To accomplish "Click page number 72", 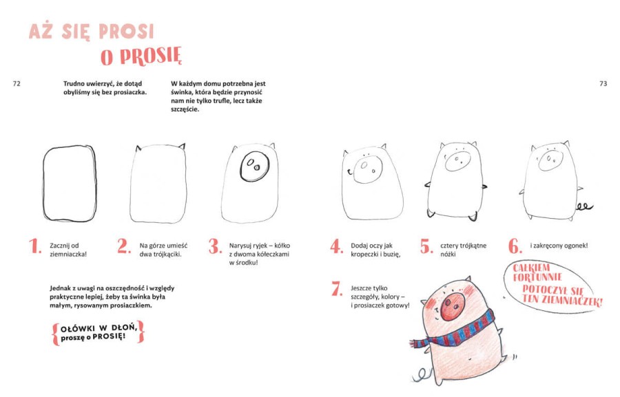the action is pyautogui.click(x=17, y=83).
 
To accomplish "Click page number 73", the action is pyautogui.click(x=603, y=83).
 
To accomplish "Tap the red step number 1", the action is pyautogui.click(x=36, y=246).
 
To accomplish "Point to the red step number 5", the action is pyautogui.click(x=426, y=246).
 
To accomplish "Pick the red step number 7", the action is pyautogui.click(x=336, y=288).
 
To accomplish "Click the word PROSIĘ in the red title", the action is pyautogui.click(x=151, y=56).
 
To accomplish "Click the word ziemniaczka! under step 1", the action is pyautogui.click(x=68, y=254).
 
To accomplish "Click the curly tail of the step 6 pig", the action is pyautogui.click(x=584, y=206).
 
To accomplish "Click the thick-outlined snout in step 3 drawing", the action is pyautogui.click(x=255, y=167).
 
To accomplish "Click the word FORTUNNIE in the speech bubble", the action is pyautogui.click(x=537, y=277).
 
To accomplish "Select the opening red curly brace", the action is pyautogui.click(x=56, y=334).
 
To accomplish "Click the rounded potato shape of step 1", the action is pyautogui.click(x=43, y=183).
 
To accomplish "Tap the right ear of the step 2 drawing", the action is pyautogui.click(x=181, y=146).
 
